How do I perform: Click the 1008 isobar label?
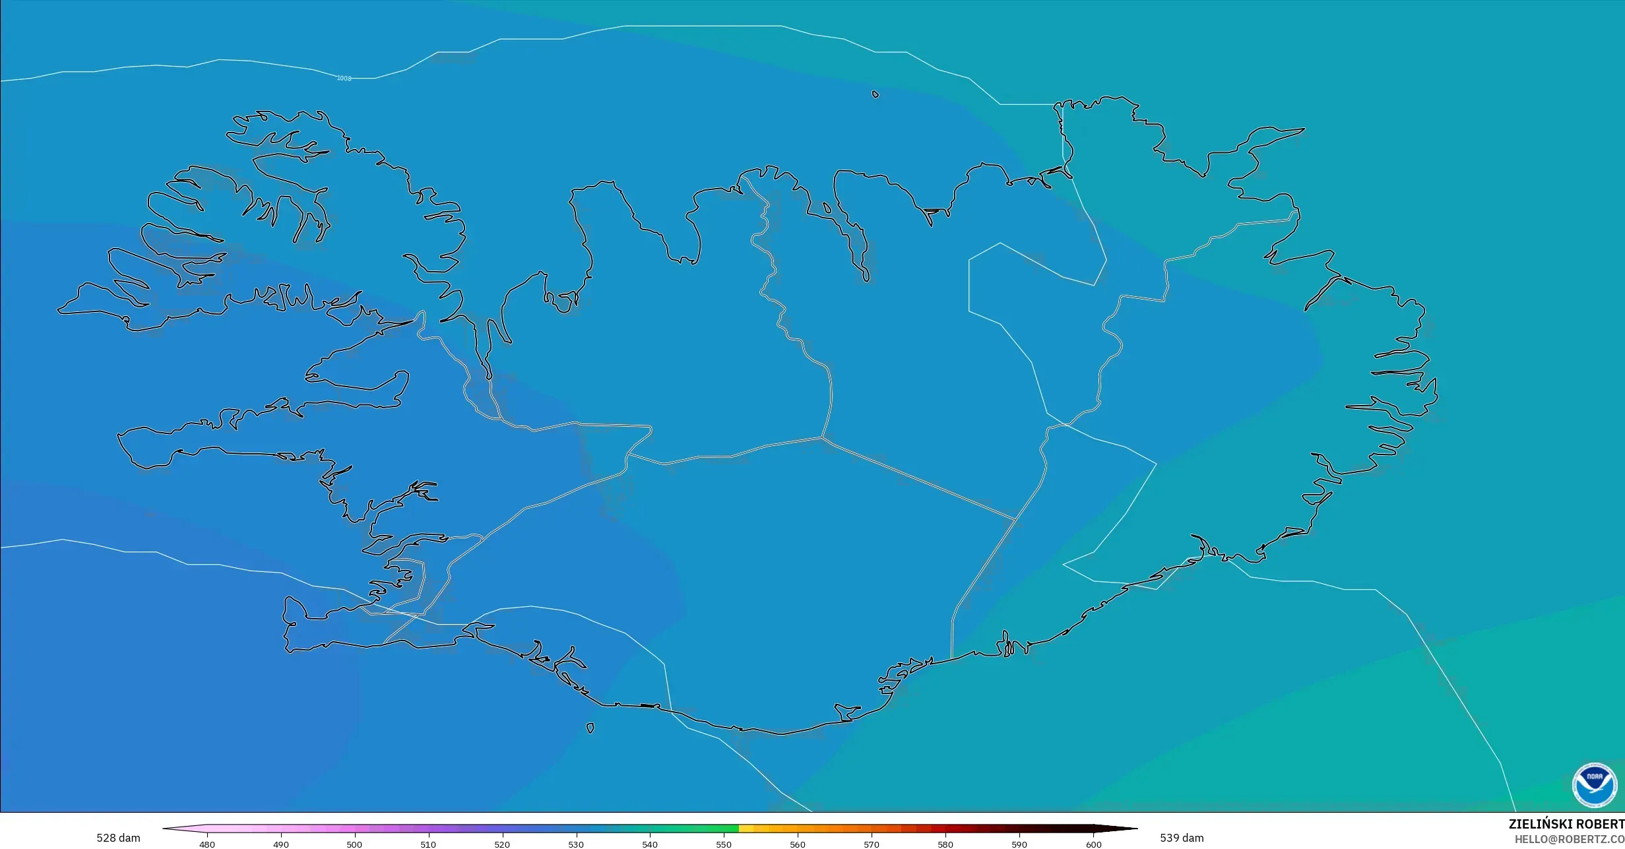[344, 79]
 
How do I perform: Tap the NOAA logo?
[1595, 786]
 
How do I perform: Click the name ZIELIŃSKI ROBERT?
[1566, 825]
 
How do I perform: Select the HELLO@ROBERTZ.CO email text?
[1569, 839]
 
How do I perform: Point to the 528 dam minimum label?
[118, 838]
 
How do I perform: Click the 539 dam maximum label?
[1182, 838]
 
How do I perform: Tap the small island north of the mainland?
[876, 94]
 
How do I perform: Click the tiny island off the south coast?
[590, 728]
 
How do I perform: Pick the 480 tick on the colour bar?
[207, 844]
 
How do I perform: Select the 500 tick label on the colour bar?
[354, 844]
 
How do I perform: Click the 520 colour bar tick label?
[502, 844]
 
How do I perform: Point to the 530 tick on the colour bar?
[576, 844]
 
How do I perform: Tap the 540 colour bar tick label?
[650, 844]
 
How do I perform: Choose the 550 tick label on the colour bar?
[724, 844]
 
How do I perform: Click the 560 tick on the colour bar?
[798, 844]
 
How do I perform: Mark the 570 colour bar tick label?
[872, 844]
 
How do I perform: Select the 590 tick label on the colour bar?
[1019, 844]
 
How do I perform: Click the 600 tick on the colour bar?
[1093, 844]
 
